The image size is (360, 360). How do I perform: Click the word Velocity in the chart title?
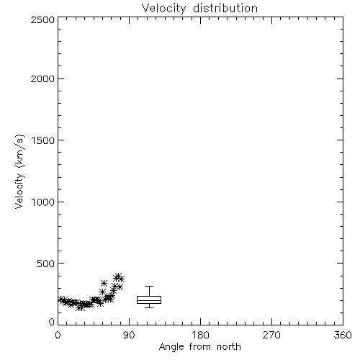tap(164, 9)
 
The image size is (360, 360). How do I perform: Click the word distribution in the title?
tap(225, 8)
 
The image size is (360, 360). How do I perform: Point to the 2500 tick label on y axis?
tap(42, 19)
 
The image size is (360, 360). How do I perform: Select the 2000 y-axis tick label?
tap(42, 78)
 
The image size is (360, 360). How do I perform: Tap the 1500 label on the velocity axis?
tap(43, 140)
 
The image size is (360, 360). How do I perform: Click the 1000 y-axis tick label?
tap(43, 202)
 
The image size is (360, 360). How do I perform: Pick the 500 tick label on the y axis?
tap(46, 264)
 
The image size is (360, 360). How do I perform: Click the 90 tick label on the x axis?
tap(129, 335)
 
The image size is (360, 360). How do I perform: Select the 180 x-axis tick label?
tap(200, 335)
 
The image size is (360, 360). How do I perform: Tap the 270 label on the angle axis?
tap(271, 335)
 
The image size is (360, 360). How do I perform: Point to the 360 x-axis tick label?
tap(343, 335)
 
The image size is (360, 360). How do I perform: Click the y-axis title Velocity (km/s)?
tap(19, 171)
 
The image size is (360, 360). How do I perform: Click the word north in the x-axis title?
tap(229, 347)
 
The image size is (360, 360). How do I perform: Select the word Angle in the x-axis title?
tap(171, 347)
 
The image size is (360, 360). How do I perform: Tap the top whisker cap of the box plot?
tap(149, 286)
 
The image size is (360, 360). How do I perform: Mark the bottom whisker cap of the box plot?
tap(149, 307)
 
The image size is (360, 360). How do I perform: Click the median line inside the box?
tap(149, 300)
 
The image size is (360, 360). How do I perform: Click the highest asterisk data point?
tap(118, 276)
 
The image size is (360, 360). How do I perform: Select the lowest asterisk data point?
tap(80, 307)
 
